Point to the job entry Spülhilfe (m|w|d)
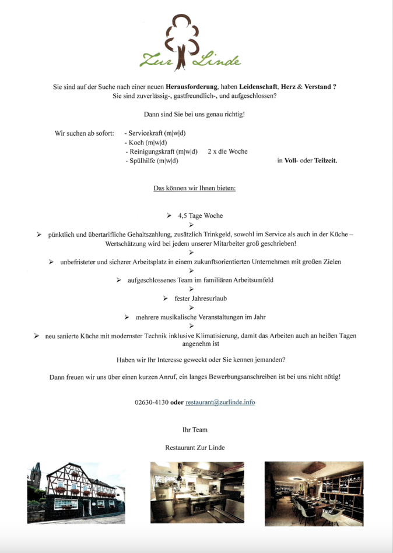[x=152, y=161]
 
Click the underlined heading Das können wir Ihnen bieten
[x=194, y=188]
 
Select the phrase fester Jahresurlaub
[x=201, y=298]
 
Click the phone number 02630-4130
[x=151, y=402]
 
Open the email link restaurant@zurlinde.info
[x=220, y=402]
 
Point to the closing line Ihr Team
[x=195, y=430]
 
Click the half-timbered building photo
[x=76, y=492]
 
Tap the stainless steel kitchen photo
[x=196, y=492]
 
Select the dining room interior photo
[x=314, y=494]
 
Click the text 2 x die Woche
[x=227, y=151]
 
